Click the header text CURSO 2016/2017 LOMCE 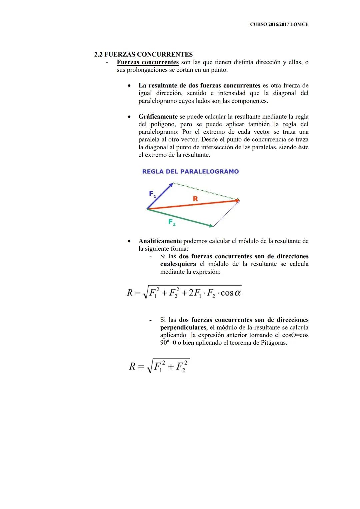pos(279,24)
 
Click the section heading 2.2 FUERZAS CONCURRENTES pos(143,54)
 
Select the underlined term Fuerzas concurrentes pos(148,62)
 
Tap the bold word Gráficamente pos(158,117)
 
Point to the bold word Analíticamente pos(160,241)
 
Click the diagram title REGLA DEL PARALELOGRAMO pos(190,171)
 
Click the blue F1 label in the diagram pos(152,194)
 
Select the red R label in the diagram pos(195,199)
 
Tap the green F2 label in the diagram pos(172,222)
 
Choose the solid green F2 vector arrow pos(180,218)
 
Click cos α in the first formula pos(231,293)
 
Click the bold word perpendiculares pos(183,327)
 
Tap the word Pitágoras pos(273,343)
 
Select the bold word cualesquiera pos(178,264)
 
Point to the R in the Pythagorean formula pos(132,367)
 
